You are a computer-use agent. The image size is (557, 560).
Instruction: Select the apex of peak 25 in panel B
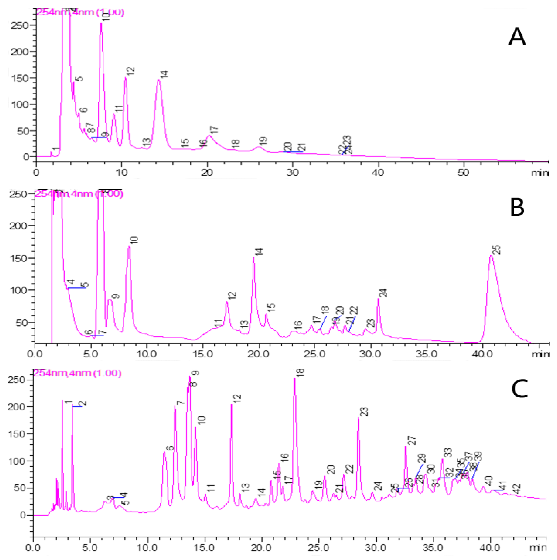click(491, 255)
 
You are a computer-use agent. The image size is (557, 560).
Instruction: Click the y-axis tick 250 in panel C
click(17, 380)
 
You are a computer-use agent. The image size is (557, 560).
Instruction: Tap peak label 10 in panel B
click(134, 240)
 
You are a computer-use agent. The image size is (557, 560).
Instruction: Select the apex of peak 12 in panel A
click(126, 77)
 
